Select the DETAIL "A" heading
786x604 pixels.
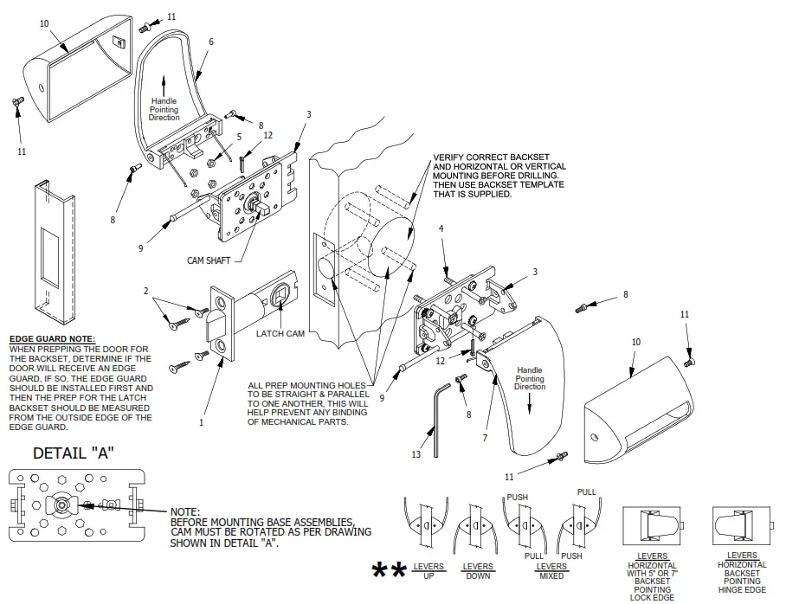coord(74,453)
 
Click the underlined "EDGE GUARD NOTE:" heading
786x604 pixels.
coord(52,339)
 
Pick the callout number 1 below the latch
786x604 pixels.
coord(202,423)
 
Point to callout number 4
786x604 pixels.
coord(441,228)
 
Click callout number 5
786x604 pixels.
coord(239,137)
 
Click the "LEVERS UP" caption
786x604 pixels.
coord(428,571)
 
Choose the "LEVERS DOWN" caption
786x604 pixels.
coord(478,571)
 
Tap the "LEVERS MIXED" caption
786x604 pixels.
coord(551,571)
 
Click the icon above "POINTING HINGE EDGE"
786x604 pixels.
coord(741,525)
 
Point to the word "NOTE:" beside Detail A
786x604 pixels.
coord(185,511)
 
